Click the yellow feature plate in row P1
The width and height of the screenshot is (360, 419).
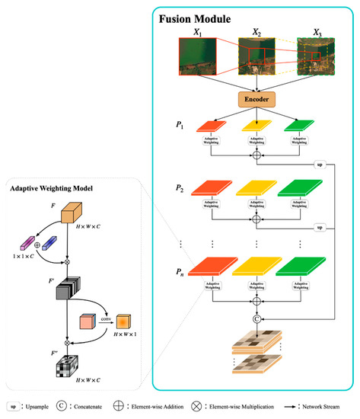(x=256, y=124)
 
